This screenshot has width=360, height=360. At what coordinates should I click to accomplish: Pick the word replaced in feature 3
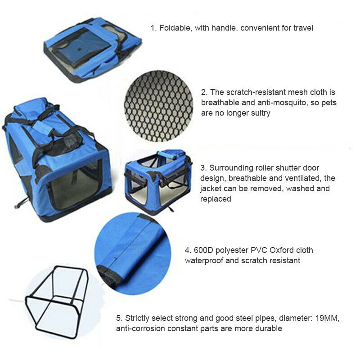(x=216, y=199)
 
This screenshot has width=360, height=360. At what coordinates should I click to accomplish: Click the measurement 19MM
(x=328, y=318)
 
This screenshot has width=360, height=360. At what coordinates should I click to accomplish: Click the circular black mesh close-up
(x=158, y=106)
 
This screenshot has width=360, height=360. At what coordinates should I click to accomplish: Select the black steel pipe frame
(x=57, y=302)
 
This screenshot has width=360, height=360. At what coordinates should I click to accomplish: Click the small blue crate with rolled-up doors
(x=158, y=181)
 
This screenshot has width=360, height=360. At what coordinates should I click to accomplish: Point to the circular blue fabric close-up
(x=133, y=254)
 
